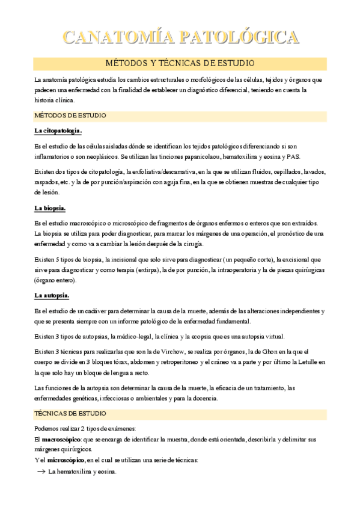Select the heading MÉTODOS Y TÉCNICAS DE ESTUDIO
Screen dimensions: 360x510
(180, 63)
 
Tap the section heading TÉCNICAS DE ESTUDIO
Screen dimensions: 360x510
(70, 414)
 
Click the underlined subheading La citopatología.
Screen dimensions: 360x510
(58, 131)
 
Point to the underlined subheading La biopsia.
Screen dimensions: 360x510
(50, 208)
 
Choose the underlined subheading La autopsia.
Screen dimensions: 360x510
(52, 295)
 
